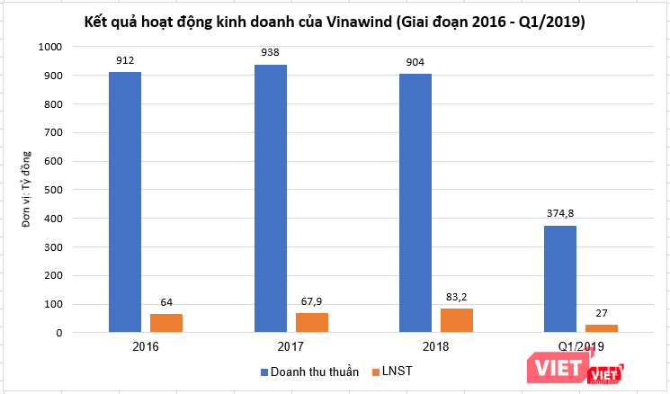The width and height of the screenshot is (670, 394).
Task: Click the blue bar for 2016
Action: click(x=125, y=202)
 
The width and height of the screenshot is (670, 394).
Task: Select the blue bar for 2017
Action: click(x=271, y=199)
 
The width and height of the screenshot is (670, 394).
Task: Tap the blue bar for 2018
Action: click(x=416, y=203)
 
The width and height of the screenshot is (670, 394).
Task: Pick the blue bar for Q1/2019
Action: click(x=561, y=279)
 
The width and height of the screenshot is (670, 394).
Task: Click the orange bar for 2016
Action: click(x=166, y=323)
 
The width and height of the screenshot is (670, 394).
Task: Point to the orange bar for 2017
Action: click(x=312, y=322)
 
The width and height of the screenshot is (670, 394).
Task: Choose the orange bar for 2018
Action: click(x=458, y=320)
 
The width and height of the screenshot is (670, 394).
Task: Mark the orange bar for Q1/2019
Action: click(x=603, y=328)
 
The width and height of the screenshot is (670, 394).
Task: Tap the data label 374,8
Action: click(x=561, y=215)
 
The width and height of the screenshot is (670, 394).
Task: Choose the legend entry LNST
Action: click(x=397, y=372)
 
